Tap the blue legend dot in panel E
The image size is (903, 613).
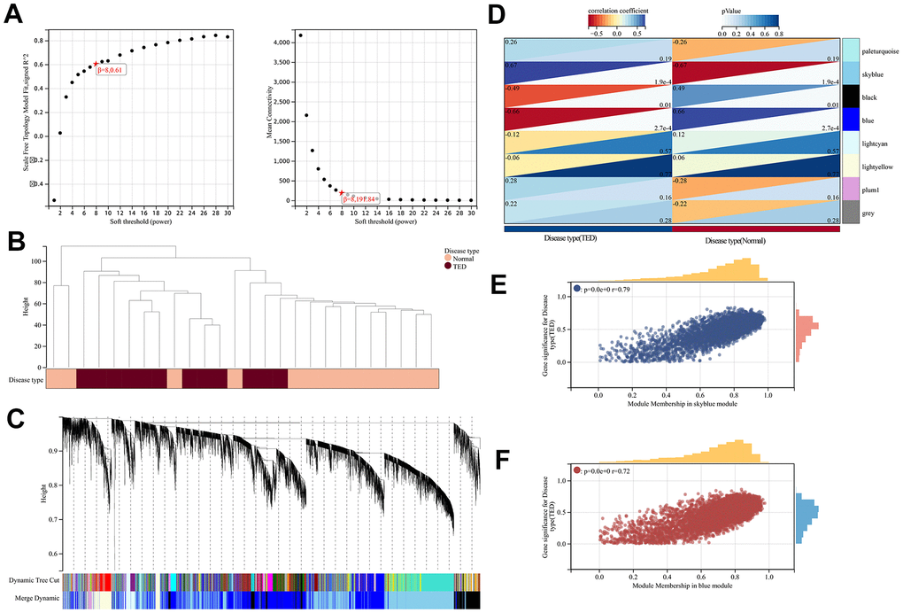click(x=577, y=288)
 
